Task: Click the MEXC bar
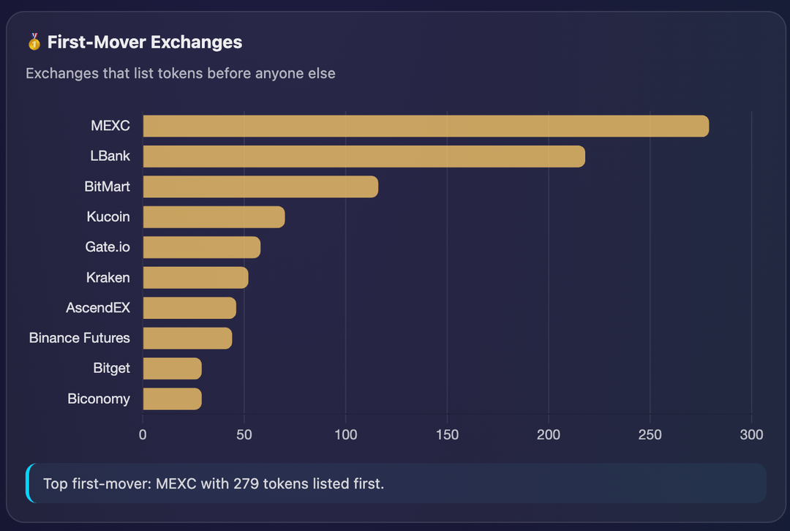426,126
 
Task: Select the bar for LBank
364,157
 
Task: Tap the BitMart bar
260,187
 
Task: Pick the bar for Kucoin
214,217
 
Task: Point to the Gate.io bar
201,247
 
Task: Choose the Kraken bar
195,278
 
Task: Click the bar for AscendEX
189,308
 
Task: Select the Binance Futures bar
187,338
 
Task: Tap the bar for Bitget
172,369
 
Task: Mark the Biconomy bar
172,399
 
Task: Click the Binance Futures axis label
80,338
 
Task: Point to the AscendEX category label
98,308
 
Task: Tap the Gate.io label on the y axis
108,247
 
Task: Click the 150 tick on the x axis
447,434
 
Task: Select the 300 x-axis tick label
751,434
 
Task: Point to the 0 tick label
143,434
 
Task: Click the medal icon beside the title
34,42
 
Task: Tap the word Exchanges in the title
197,42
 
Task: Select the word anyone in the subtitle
275,73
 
